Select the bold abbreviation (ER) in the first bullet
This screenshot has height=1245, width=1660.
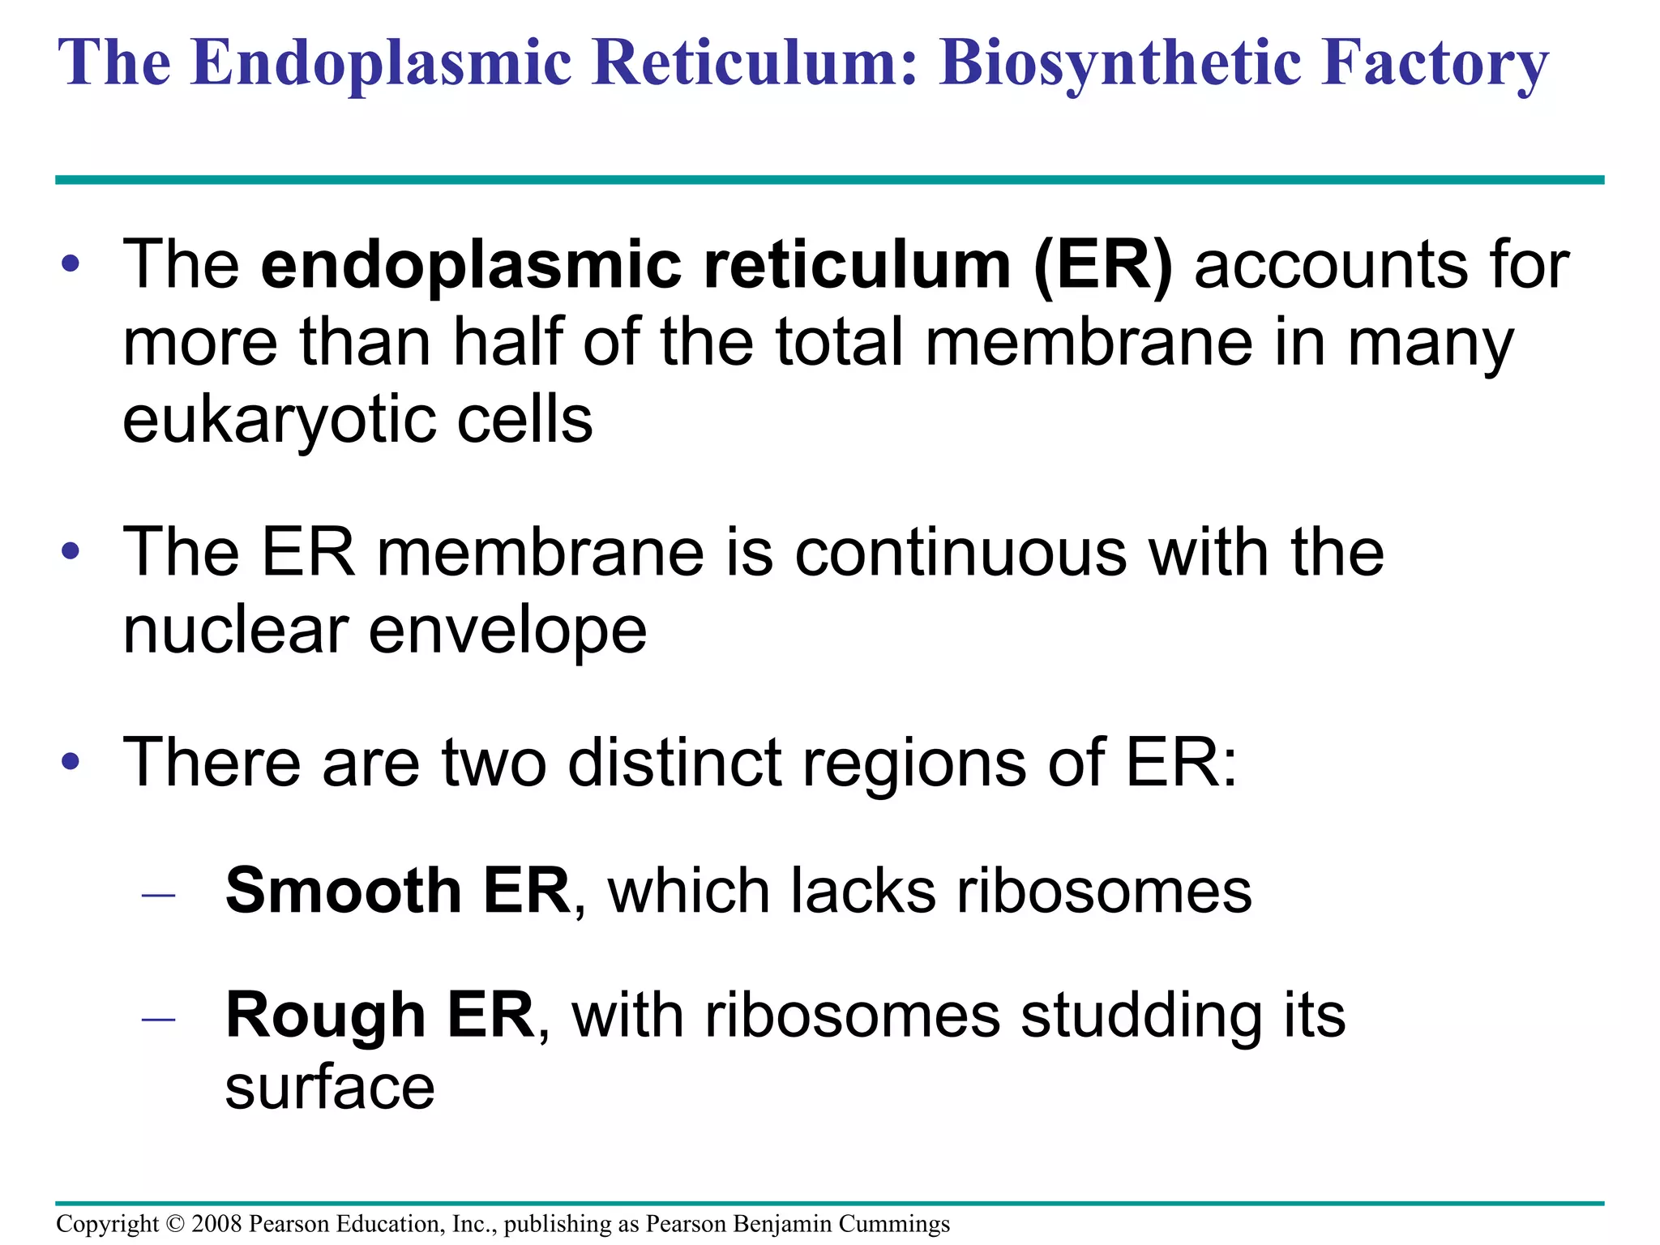[1103, 265]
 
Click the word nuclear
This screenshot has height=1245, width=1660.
[236, 631]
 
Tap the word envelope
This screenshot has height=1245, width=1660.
[507, 632]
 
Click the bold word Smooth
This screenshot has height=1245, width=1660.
[343, 890]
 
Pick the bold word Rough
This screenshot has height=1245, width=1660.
[325, 1015]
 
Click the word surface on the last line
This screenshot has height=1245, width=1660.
[330, 1088]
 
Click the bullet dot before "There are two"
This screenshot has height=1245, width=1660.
[71, 761]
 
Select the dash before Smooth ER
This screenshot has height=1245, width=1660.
[158, 895]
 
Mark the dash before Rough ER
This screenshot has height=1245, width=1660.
[158, 1019]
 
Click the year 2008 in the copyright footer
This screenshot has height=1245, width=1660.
[216, 1224]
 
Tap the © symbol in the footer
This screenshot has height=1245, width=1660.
[175, 1224]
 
